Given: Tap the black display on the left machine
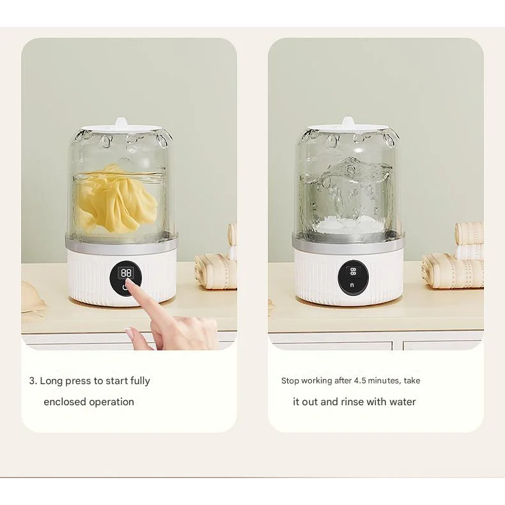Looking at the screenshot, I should pos(126,277).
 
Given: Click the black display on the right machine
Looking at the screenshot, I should pos(353,276).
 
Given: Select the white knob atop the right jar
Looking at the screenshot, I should pos(348,121).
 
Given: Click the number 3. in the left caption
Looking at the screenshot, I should pos(33,381).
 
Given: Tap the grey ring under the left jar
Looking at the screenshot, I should pos(121,241).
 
